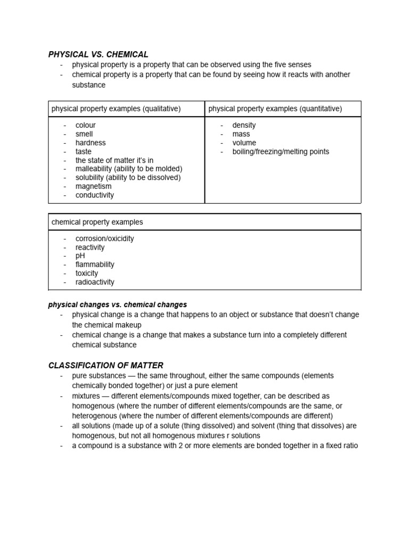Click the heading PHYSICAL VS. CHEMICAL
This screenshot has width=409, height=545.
[98, 54]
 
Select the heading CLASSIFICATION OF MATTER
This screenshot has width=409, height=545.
[105, 365]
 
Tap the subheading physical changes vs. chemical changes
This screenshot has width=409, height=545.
[117, 305]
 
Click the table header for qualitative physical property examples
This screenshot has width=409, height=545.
[116, 109]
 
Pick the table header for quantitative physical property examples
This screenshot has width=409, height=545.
[275, 109]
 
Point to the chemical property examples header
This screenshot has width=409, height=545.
[97, 222]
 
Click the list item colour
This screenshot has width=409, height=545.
[85, 125]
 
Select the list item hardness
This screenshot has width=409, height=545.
[91, 143]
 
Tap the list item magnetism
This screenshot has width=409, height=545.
[93, 186]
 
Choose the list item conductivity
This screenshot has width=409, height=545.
[95, 195]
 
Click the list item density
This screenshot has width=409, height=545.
[244, 125]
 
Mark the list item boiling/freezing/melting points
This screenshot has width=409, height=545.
[281, 152]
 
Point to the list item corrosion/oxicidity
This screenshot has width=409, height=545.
[104, 238]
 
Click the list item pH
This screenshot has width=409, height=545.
[80, 256]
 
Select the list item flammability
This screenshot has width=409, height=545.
[95, 265]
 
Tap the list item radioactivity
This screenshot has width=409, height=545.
[95, 282]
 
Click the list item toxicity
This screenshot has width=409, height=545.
[87, 274]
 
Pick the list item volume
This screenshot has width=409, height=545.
[244, 143]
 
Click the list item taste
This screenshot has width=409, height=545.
[84, 152]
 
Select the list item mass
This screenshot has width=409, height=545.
[241, 134]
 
